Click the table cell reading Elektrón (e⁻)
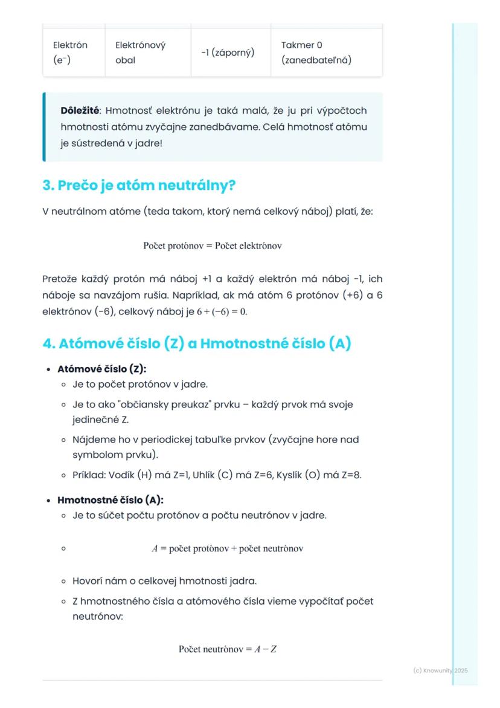[x=70, y=53]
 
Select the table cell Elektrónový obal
[x=140, y=53]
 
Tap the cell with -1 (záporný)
[x=227, y=53]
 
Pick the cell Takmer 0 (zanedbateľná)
[x=316, y=53]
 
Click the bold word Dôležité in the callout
[x=80, y=111]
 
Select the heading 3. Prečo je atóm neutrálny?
[x=138, y=186]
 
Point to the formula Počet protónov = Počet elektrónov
[x=213, y=246]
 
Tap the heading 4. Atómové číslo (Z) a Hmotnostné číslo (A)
[x=196, y=343]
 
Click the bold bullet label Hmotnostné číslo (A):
[x=110, y=500]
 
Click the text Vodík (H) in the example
[x=130, y=475]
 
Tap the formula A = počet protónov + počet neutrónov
[x=227, y=549]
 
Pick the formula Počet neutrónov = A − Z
[x=227, y=649]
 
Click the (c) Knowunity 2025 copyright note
[x=440, y=671]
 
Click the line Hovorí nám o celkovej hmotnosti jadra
[x=164, y=581]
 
